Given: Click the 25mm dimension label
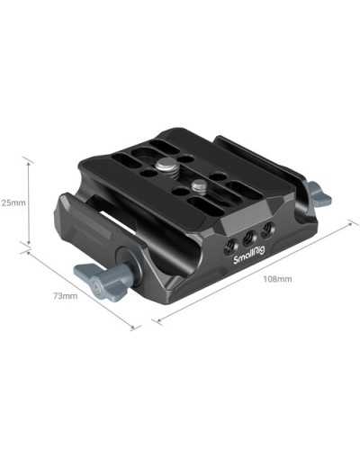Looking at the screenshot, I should (x=13, y=202).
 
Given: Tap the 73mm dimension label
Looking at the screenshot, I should (x=63, y=296).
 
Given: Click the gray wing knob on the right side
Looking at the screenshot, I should (x=317, y=193).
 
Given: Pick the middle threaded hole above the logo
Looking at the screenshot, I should (x=247, y=239).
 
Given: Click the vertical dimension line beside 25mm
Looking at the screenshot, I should (x=30, y=202).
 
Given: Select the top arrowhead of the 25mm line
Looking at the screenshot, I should (x=30, y=163).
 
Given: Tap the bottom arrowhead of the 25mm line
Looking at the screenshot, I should (x=30, y=243).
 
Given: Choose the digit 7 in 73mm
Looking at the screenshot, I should (x=55, y=296).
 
